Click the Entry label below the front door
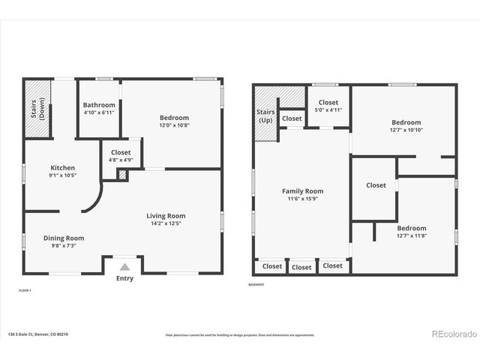pos(124,279)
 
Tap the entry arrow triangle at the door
pos(124,266)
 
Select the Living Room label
pos(165,216)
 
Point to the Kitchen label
pos(62,167)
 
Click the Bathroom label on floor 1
pos(99,105)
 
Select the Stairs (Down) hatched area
pos(37,109)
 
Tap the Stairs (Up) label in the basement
pos(265,116)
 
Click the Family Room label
pos(302,191)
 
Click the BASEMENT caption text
pos(256,284)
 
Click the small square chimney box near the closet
pos(122,174)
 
